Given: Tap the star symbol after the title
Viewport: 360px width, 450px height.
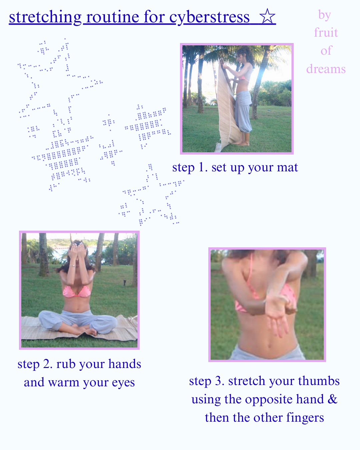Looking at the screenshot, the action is point(267,16).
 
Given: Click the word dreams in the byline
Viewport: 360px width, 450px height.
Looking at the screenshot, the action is point(326,69).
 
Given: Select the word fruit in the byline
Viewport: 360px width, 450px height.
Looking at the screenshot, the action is point(326,32).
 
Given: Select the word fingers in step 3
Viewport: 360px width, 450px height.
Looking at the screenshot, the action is point(305,418).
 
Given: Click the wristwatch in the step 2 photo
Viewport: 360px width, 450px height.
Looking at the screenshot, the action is point(72,266).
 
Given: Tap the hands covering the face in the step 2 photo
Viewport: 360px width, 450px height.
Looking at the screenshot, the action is point(77,251).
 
